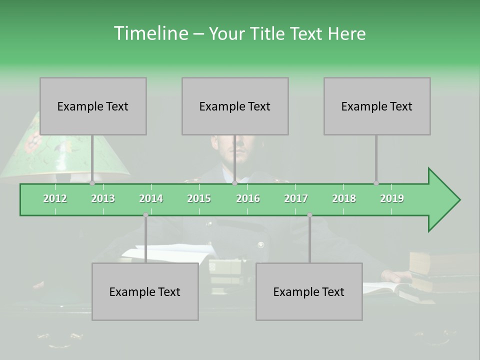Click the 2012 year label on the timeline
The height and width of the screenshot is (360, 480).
tap(55, 198)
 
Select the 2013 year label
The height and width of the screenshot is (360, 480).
tap(103, 198)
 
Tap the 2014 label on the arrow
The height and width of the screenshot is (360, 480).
tap(151, 198)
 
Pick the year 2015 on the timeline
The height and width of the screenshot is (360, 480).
tap(199, 198)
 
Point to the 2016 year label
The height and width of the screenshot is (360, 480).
tap(248, 198)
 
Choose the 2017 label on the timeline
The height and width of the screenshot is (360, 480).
tap(296, 198)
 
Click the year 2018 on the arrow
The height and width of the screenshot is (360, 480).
tap(344, 198)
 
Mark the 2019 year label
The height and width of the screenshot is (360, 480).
tap(392, 198)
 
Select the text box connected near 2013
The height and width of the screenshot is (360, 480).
tap(93, 106)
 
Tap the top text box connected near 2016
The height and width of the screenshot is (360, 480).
tap(235, 106)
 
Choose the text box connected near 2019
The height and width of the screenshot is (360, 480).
tap(377, 106)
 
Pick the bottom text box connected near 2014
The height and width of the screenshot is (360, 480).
tap(145, 291)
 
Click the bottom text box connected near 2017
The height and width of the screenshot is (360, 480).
tap(309, 291)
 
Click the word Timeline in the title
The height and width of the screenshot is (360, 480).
tap(150, 33)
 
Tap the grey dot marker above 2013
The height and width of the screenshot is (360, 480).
tap(92, 183)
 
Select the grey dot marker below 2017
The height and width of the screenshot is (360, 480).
tap(309, 215)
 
